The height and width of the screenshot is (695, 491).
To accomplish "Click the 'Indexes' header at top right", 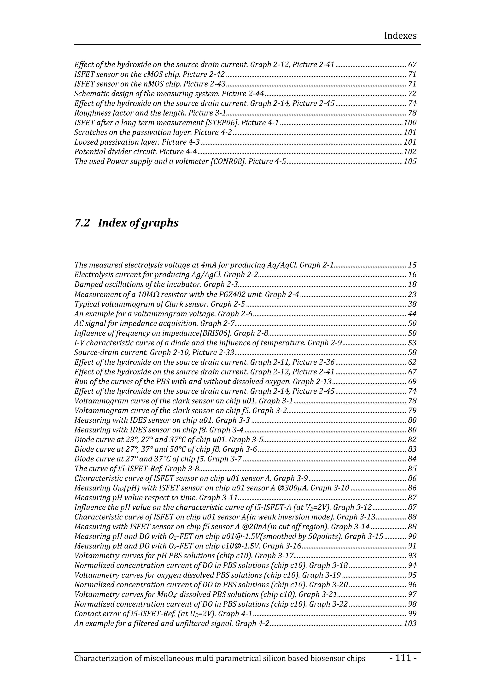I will coord(400,36).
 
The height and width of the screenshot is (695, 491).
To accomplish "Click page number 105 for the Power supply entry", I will coord(410,161).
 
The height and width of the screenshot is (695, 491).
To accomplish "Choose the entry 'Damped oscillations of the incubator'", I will coord(138,284).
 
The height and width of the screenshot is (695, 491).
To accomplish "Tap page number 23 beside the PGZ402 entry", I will coord(412,294).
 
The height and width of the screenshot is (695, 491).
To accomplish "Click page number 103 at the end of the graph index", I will coord(410,623).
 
